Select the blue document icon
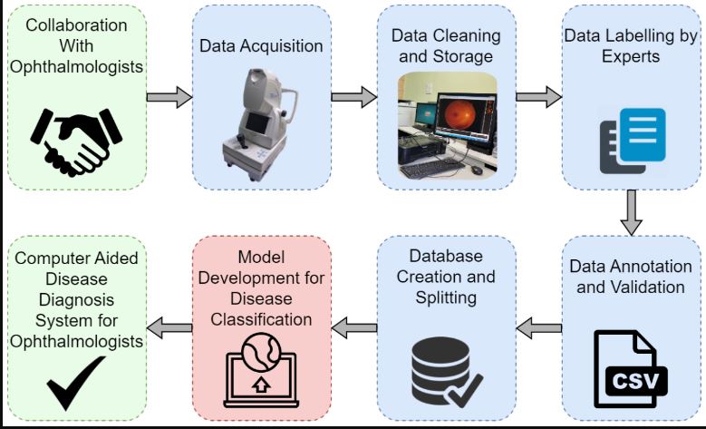(643, 134)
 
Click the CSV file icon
(631, 369)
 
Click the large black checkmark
(75, 382)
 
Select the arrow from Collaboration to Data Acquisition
(169, 97)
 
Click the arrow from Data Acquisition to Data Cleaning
(353, 97)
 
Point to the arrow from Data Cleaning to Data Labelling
(539, 97)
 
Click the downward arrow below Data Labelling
(632, 212)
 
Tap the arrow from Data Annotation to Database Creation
(539, 328)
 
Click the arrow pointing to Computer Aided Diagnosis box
(169, 328)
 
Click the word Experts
(631, 57)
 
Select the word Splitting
(446, 297)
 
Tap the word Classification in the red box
(261, 319)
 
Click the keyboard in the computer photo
(431, 168)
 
